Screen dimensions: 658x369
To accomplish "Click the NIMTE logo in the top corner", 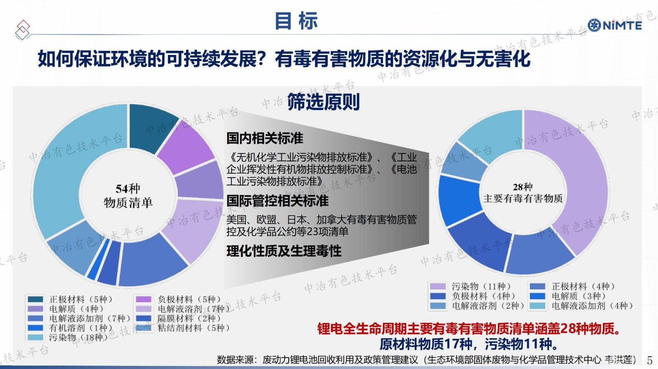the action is click(x=614, y=25).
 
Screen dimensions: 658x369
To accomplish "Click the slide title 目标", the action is click(x=296, y=21).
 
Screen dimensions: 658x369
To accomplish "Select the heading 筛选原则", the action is click(x=323, y=102).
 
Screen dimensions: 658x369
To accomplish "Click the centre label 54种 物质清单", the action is click(x=128, y=195).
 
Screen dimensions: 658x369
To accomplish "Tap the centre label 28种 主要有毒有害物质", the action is click(x=523, y=193).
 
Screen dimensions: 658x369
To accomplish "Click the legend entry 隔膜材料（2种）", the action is click(x=178, y=318).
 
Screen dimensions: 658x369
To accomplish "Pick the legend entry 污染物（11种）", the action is click(x=470, y=286).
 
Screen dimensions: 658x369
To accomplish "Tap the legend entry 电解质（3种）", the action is click(x=568, y=296).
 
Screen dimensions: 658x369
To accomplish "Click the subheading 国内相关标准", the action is click(x=265, y=138).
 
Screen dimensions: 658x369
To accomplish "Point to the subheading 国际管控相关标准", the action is click(x=277, y=201).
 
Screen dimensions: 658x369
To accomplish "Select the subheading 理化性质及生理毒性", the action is click(x=284, y=251).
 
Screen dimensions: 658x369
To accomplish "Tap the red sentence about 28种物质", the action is click(x=470, y=329).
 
